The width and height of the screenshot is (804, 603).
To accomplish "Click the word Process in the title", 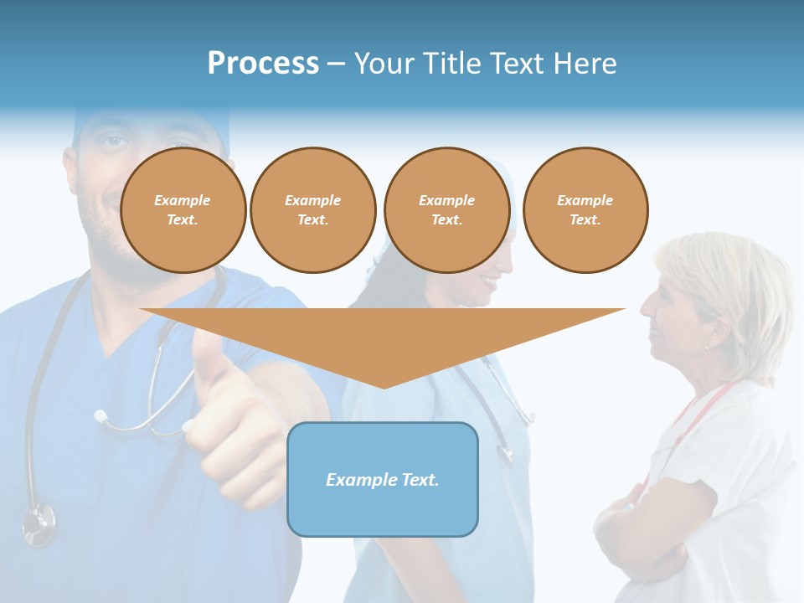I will [x=263, y=63].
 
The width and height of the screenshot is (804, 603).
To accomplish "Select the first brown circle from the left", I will [x=183, y=210].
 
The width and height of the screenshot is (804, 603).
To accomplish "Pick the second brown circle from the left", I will [x=312, y=210].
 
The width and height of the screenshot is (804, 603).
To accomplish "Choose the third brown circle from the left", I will [x=446, y=210].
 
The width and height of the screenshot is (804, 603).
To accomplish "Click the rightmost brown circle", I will [x=585, y=210].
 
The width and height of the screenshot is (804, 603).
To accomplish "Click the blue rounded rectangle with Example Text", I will [x=383, y=479].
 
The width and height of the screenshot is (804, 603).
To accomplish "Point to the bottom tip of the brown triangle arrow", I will [x=384, y=386].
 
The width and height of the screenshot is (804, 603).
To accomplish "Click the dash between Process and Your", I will [x=336, y=64].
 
